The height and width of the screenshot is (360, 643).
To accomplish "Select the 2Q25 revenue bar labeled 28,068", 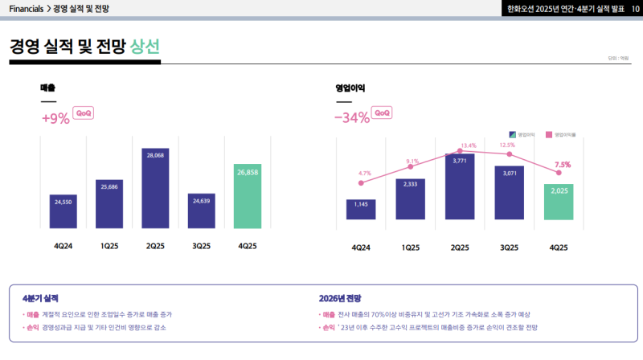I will pyautogui.click(x=155, y=188).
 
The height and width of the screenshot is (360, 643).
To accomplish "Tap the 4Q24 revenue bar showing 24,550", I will pyautogui.click(x=63, y=211).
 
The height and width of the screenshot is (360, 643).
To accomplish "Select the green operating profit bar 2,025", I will pyautogui.click(x=559, y=202).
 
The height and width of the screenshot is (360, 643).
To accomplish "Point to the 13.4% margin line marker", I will pyautogui.click(x=460, y=151).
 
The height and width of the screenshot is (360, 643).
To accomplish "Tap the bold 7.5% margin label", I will pyautogui.click(x=563, y=165).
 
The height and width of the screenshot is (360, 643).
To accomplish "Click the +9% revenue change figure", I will pyautogui.click(x=55, y=117).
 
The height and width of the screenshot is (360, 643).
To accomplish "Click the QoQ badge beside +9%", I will pyautogui.click(x=84, y=113).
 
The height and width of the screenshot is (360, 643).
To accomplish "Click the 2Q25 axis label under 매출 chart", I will pyautogui.click(x=155, y=247).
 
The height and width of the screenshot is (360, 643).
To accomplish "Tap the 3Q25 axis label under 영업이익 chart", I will pyautogui.click(x=509, y=247).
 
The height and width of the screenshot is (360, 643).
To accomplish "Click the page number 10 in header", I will pyautogui.click(x=633, y=9).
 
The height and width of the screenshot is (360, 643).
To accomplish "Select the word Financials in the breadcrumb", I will pyautogui.click(x=26, y=9).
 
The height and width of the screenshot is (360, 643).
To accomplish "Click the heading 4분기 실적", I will pyautogui.click(x=41, y=298).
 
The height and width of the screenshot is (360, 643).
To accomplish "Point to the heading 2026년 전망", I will pyautogui.click(x=342, y=298).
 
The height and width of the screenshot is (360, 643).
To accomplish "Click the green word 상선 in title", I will pyautogui.click(x=145, y=46).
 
